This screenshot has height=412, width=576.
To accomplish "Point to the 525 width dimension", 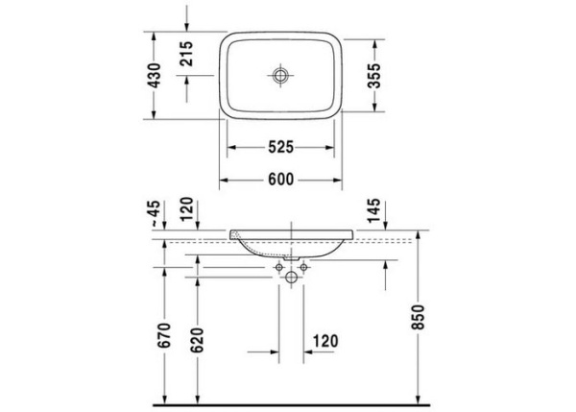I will point(279,147).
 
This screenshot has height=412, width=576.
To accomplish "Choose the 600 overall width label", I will point(279,179).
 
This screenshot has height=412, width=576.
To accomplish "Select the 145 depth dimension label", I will point(373,208).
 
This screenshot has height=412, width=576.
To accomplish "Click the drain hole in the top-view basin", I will point(280,74).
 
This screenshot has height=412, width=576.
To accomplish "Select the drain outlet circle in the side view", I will point(291,277).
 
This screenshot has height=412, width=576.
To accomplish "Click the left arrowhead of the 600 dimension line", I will point(224,179).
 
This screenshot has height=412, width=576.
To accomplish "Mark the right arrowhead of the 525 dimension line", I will point(335,147).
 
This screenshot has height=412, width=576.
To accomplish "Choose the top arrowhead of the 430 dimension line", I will point(156,35).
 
